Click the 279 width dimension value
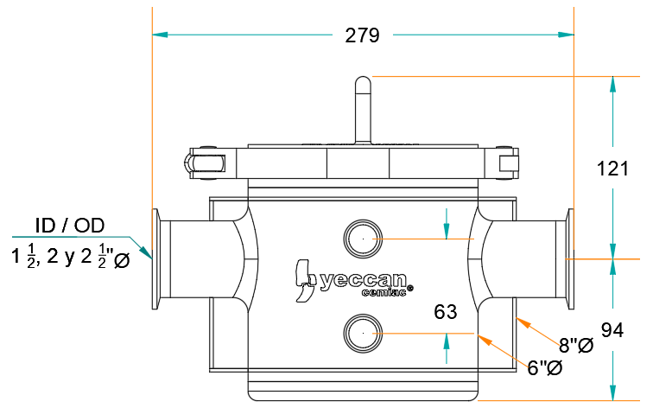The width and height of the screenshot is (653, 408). pyautogui.click(x=362, y=35)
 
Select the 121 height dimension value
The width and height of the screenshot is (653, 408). pyautogui.click(x=612, y=169)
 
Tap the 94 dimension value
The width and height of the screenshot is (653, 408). pyautogui.click(x=612, y=330)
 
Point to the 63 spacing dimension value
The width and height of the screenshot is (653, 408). pyautogui.click(x=445, y=312)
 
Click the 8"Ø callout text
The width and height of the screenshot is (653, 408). pyautogui.click(x=576, y=345)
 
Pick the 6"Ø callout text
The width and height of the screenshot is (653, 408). pyautogui.click(x=545, y=368)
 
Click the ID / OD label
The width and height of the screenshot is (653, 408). pyautogui.click(x=70, y=226)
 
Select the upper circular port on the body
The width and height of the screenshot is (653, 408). pyautogui.click(x=363, y=239)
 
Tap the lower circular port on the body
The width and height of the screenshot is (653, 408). pyautogui.click(x=363, y=334)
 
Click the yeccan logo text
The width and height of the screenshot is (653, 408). pyautogui.click(x=363, y=280)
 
